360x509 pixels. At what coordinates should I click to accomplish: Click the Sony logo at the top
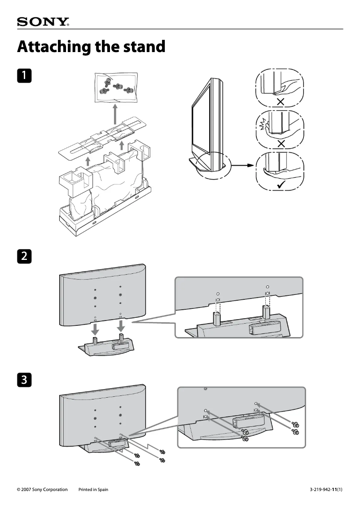click(43, 22)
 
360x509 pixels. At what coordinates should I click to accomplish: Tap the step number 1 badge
click(24, 75)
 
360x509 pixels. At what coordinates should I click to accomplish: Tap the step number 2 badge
click(24, 256)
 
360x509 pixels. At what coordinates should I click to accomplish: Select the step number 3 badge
click(24, 380)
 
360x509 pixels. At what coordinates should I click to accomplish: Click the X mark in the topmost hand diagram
click(281, 102)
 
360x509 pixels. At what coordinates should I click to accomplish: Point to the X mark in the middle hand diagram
click(281, 144)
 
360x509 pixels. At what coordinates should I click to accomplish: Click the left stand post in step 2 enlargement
click(217, 318)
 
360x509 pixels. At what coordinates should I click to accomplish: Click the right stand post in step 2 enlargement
click(267, 312)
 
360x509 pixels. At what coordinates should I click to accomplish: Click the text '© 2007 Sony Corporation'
click(42, 490)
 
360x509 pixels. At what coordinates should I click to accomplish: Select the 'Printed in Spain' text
click(93, 490)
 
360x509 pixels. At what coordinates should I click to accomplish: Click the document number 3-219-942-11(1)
click(326, 490)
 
